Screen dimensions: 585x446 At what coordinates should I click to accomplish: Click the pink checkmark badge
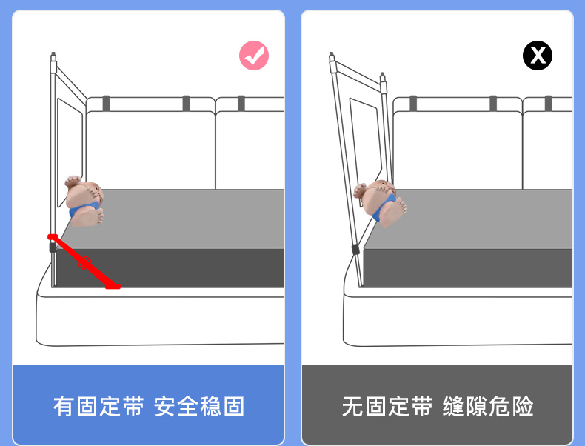(254, 56)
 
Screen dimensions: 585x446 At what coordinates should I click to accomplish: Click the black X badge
(538, 56)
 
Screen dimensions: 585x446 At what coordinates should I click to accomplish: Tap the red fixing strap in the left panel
(84, 262)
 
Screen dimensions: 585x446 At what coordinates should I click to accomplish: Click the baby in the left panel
(84, 201)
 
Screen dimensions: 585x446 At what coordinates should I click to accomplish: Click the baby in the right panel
(381, 203)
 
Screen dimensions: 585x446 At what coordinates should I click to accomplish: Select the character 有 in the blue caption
(64, 407)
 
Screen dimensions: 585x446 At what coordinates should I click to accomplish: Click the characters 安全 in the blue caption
(176, 407)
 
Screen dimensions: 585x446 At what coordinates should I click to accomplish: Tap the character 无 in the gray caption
(353, 407)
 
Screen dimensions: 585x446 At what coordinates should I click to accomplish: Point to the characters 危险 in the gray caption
(511, 407)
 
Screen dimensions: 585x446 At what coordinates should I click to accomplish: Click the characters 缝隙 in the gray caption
(465, 407)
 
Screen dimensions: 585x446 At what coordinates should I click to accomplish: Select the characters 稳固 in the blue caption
(222, 407)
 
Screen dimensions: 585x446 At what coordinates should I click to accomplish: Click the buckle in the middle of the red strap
(85, 263)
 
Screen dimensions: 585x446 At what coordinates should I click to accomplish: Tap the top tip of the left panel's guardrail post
(53, 53)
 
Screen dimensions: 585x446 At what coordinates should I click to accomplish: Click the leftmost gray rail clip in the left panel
(107, 104)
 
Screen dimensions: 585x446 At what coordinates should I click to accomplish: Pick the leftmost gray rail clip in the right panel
(413, 104)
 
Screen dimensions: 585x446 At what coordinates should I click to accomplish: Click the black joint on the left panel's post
(53, 247)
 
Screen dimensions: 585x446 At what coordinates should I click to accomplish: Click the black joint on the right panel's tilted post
(355, 250)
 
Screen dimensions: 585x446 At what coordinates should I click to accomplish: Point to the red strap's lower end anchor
(113, 286)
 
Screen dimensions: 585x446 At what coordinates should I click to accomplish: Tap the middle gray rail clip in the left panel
(186, 104)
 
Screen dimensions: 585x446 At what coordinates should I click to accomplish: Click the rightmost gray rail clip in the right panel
(548, 104)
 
